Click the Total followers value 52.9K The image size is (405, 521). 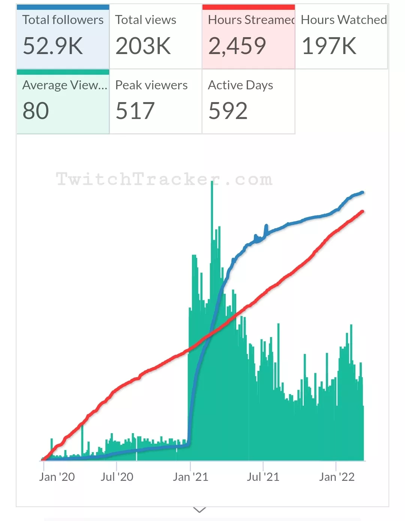[x=53, y=46]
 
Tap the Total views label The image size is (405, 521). [x=145, y=20]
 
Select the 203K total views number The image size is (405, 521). [x=143, y=46]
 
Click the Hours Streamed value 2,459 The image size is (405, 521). [x=237, y=46]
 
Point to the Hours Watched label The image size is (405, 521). [x=343, y=20]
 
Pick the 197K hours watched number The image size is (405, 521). [x=329, y=46]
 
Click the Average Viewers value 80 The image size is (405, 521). [x=36, y=111]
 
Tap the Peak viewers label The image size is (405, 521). [x=151, y=85]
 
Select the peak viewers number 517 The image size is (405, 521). [x=135, y=111]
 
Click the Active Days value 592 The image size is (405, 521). [x=228, y=111]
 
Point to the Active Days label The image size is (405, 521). [x=240, y=85]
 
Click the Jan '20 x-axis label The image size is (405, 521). [x=57, y=477]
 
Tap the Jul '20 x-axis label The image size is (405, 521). [x=117, y=477]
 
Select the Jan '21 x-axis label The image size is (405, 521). [x=190, y=477]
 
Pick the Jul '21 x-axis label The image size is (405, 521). [x=263, y=477]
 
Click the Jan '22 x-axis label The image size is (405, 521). [x=336, y=477]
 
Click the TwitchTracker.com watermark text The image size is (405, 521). [x=164, y=179]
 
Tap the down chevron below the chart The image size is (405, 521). [x=199, y=510]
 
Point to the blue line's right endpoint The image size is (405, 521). [x=362, y=193]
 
